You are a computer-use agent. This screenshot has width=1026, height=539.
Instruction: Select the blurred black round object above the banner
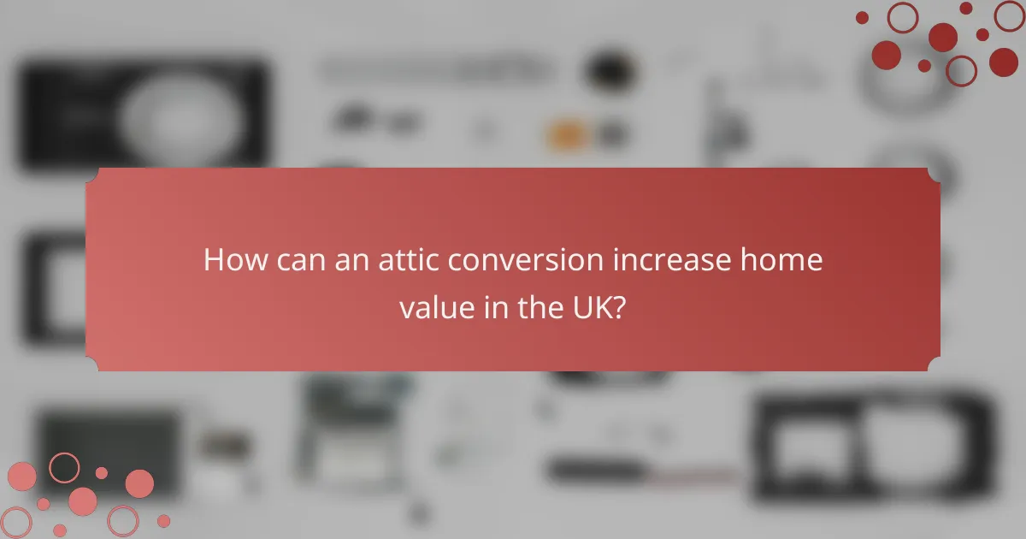pyautogui.click(x=609, y=68)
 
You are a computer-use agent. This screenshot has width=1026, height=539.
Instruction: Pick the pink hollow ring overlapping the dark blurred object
pyautogui.click(x=64, y=467)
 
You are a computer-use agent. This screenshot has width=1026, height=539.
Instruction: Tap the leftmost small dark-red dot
pyautogui.click(x=862, y=17)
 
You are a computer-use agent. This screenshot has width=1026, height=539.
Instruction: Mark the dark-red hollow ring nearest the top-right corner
pyautogui.click(x=1010, y=15)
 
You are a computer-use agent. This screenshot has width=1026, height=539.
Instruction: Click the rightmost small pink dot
pyautogui.click(x=163, y=520)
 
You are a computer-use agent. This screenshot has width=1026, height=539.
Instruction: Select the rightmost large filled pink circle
pyautogui.click(x=139, y=483)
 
